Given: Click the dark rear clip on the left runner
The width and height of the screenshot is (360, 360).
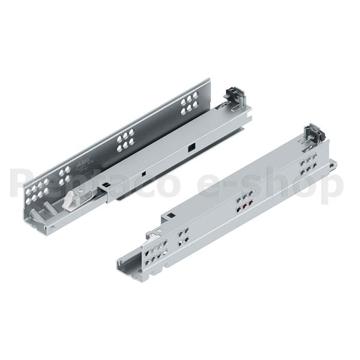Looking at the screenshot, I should (233, 95).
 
